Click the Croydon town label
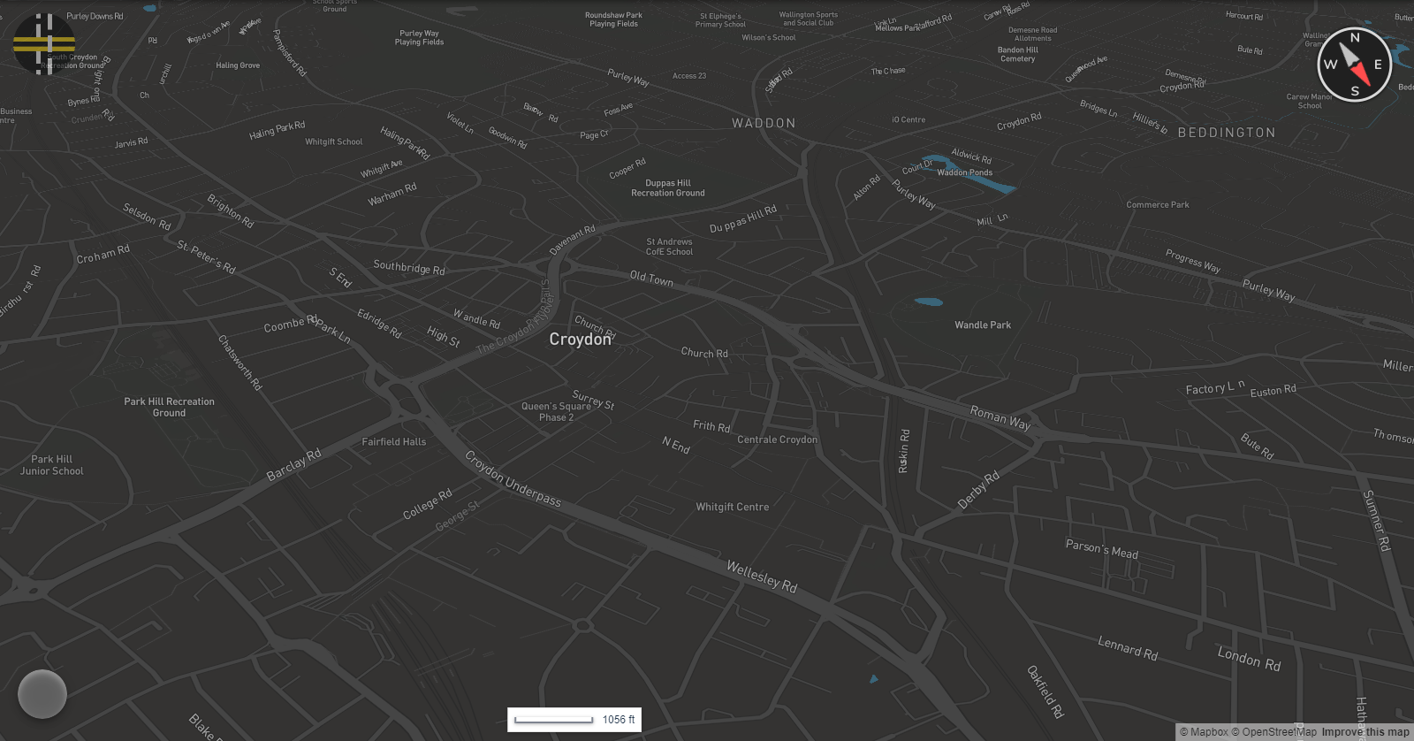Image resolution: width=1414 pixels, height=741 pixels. (580, 340)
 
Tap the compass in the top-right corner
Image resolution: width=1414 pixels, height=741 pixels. (1354, 65)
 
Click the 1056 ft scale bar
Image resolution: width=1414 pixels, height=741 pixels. (574, 720)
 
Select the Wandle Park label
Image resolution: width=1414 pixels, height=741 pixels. (983, 325)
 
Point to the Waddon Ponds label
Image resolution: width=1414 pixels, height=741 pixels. (964, 172)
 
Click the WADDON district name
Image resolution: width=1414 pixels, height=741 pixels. (764, 124)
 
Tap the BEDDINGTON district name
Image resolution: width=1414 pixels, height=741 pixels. (1226, 133)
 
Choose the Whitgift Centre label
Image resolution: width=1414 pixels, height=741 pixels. (732, 508)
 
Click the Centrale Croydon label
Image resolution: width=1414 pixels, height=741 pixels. (777, 439)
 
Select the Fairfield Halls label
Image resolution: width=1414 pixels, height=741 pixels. (393, 442)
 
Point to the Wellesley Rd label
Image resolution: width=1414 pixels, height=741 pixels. (762, 576)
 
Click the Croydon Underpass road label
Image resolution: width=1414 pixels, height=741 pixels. (513, 479)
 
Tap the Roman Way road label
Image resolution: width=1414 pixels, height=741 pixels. (1000, 417)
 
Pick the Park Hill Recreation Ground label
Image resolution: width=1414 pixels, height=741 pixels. (169, 407)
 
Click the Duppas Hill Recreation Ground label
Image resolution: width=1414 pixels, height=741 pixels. (667, 188)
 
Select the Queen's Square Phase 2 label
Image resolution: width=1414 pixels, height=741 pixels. (556, 412)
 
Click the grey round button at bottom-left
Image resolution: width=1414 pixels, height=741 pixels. (42, 694)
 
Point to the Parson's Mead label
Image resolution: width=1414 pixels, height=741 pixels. (1101, 548)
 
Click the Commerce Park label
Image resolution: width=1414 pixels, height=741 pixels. (1157, 205)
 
